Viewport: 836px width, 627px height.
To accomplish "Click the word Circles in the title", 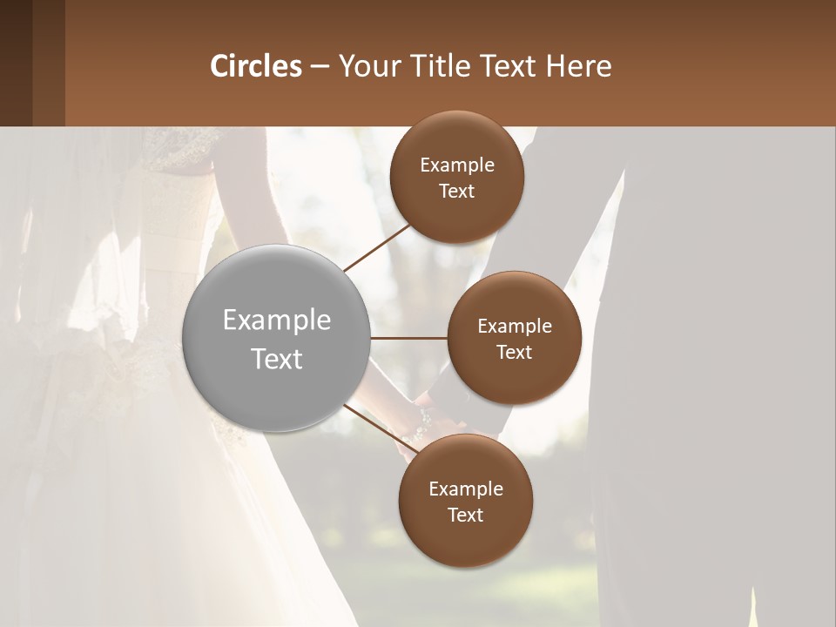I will [255, 65].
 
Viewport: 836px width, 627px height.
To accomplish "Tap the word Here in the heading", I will [578, 65].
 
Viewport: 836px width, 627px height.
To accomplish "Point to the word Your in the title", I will [369, 65].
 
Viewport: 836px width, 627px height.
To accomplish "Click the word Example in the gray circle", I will [277, 320].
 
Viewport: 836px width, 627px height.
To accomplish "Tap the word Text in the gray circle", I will [277, 359].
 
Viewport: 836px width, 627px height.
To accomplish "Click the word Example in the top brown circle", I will [457, 165].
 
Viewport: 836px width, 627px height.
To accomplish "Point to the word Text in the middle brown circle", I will [514, 352].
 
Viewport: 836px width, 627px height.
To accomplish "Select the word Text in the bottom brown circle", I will [465, 515].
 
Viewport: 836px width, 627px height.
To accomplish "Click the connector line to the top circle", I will [377, 248].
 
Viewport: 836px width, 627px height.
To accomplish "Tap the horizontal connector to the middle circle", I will [409, 338].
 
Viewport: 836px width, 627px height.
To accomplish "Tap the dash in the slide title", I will [320, 65].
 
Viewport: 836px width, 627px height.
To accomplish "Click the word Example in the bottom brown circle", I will [465, 489].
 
